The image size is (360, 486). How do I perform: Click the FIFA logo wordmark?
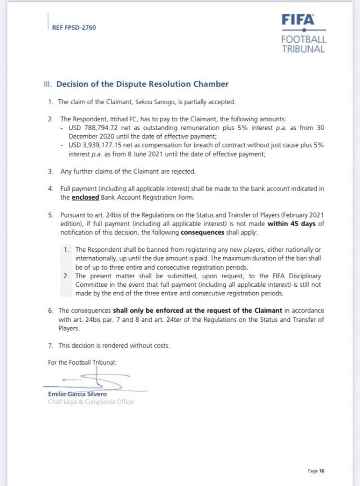298,20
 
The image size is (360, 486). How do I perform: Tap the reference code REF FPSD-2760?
74,27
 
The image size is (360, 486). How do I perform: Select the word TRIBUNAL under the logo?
303,49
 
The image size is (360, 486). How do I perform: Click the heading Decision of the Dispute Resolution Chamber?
142,84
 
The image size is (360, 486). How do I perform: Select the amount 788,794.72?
92,128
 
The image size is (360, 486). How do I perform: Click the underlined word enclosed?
85,197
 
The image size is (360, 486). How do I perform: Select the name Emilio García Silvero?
77,394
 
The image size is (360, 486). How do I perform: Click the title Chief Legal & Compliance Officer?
91,401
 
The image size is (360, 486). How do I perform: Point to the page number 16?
322,471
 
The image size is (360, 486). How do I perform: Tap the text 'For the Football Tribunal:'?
82,362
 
